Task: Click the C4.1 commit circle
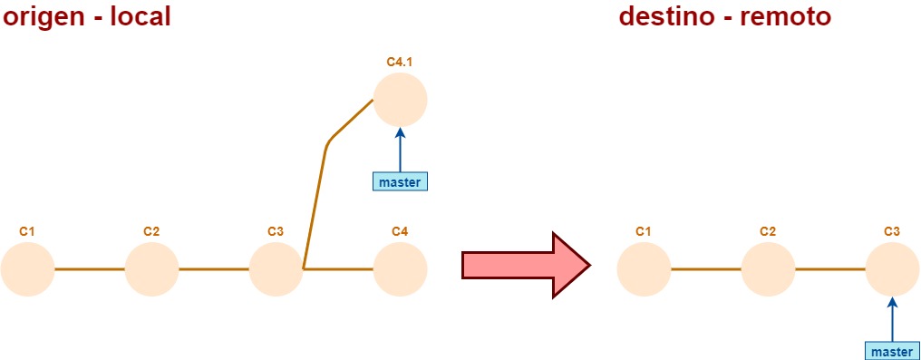pyautogui.click(x=400, y=100)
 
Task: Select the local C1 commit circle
pyautogui.click(x=27, y=269)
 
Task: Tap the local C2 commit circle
pyautogui.click(x=151, y=269)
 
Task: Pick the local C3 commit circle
pyautogui.click(x=276, y=269)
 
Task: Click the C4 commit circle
pyautogui.click(x=400, y=269)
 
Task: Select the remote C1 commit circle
pyautogui.click(x=644, y=269)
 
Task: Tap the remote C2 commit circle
pyautogui.click(x=768, y=269)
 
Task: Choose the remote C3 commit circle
pyautogui.click(x=892, y=269)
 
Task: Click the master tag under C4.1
pyautogui.click(x=400, y=181)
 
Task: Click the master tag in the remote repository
pyautogui.click(x=892, y=351)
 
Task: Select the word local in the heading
pyautogui.click(x=140, y=16)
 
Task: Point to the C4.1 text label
pyautogui.click(x=400, y=62)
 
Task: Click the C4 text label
pyautogui.click(x=400, y=231)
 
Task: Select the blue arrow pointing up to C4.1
pyautogui.click(x=400, y=149)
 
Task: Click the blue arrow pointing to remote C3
pyautogui.click(x=892, y=318)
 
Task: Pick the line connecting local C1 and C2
pyautogui.click(x=89, y=269)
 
